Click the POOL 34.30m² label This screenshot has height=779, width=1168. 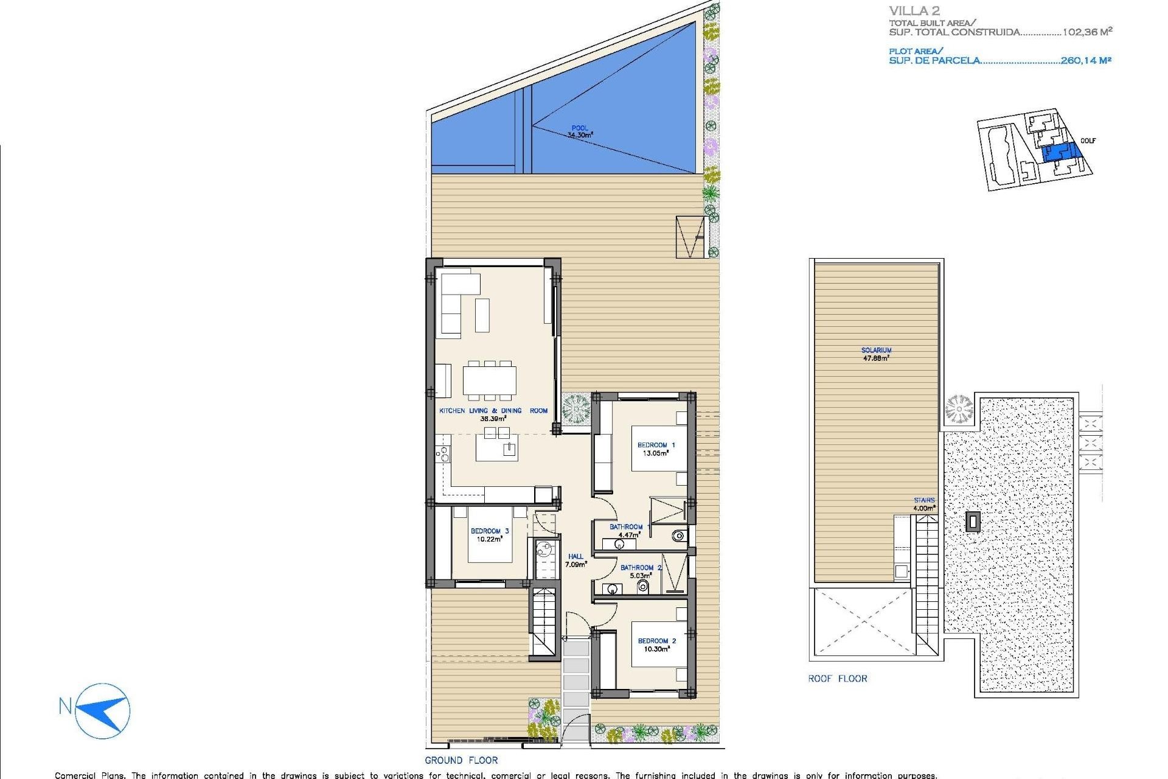point(580,132)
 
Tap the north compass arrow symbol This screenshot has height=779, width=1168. point(102,711)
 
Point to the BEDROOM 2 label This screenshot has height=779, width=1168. point(656,645)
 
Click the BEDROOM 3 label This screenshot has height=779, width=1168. point(489,535)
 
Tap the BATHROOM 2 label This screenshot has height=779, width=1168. point(641,571)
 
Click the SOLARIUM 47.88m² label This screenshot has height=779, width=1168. point(876,354)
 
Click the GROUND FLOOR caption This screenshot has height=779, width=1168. point(461,760)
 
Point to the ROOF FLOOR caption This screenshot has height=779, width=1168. point(837,679)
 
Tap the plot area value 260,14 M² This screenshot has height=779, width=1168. point(1085,60)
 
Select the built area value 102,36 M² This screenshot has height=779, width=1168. point(1087,32)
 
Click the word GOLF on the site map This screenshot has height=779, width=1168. point(1088,141)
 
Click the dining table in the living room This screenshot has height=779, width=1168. point(489,380)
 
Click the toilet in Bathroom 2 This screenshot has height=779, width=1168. point(642,587)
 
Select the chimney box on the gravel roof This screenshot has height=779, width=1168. point(973,522)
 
